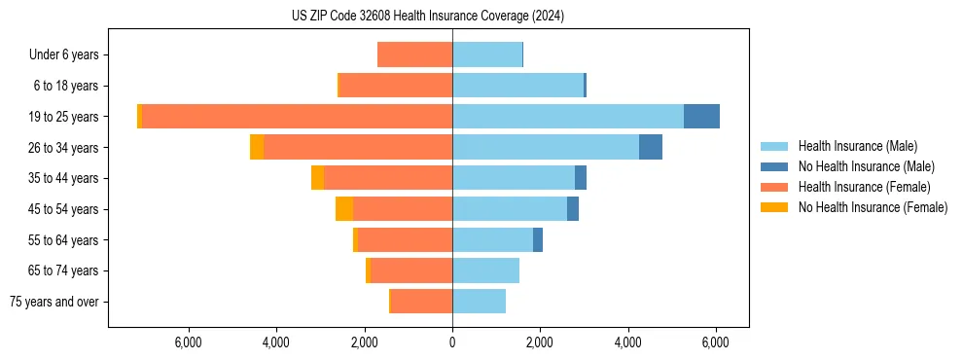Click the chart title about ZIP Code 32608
click(x=427, y=17)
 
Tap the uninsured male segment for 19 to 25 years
click(x=701, y=116)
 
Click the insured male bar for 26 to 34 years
click(x=545, y=147)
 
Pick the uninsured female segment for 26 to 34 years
click(x=257, y=147)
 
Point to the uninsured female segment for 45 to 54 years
click(x=344, y=208)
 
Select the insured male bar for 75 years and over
click(x=479, y=301)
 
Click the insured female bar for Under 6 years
click(x=414, y=54)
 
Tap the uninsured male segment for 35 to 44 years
click(x=581, y=177)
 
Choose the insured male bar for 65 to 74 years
click(x=485, y=270)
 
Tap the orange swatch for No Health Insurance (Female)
click(x=775, y=207)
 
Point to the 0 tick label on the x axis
click(x=452, y=342)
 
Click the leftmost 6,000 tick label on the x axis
click(x=188, y=342)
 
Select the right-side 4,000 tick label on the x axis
click(x=628, y=342)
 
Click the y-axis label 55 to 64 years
click(x=65, y=239)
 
